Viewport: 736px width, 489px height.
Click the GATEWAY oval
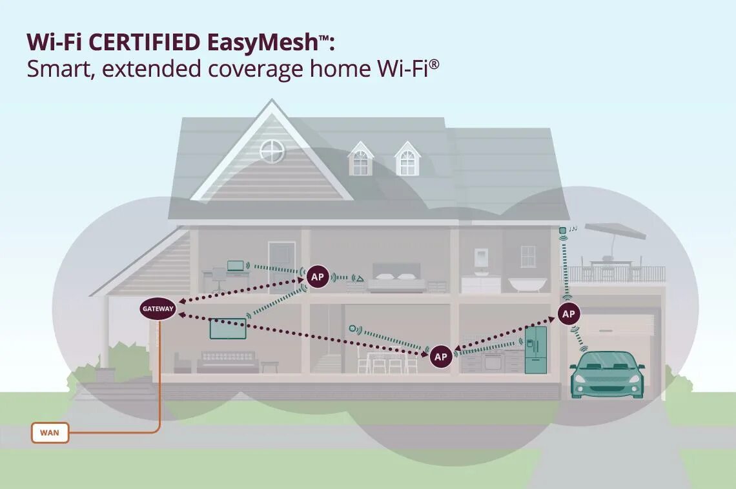click(x=158, y=308)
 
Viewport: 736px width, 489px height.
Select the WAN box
click(x=50, y=432)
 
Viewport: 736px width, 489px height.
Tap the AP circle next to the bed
click(x=317, y=277)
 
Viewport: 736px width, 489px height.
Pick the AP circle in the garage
click(x=568, y=314)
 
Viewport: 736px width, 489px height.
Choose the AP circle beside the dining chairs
click(x=441, y=356)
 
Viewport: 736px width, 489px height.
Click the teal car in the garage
click(x=607, y=374)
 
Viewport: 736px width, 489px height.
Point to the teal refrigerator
click(x=535, y=350)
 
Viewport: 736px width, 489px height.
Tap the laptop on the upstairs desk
click(x=236, y=265)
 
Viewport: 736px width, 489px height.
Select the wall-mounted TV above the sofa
click(x=229, y=328)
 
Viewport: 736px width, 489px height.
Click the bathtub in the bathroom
click(x=527, y=284)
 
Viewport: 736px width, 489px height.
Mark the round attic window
click(x=272, y=151)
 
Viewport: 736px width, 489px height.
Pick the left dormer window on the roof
click(x=360, y=160)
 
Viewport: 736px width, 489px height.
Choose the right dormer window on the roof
click(x=407, y=160)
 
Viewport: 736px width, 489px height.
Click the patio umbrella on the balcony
click(x=614, y=230)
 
